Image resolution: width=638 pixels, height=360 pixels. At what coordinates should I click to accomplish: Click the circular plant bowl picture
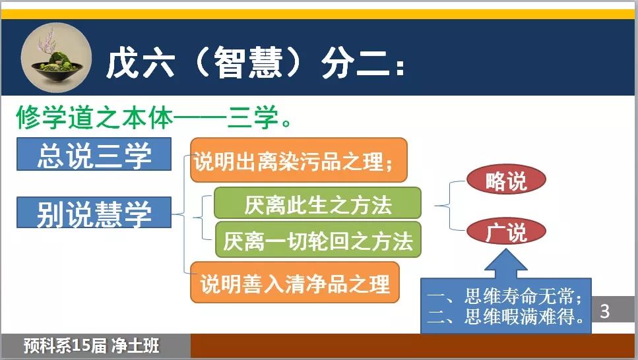click(x=56, y=58)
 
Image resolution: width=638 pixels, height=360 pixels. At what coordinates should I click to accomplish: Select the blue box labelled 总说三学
click(x=94, y=154)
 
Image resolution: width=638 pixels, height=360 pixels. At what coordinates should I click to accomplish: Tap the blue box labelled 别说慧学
click(x=94, y=212)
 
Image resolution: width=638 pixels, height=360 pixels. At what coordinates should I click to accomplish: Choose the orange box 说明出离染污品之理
click(x=299, y=160)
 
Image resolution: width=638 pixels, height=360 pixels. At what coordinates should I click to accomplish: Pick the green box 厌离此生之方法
click(x=317, y=203)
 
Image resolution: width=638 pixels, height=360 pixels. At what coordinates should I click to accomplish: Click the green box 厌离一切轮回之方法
click(x=318, y=239)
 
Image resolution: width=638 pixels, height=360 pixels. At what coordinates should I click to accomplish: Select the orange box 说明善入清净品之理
click(x=294, y=282)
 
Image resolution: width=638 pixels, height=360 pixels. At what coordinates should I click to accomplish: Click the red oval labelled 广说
click(x=506, y=231)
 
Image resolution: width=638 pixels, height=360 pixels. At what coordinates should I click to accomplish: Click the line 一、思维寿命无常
click(x=505, y=296)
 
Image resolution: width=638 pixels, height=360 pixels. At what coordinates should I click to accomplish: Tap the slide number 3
click(x=605, y=311)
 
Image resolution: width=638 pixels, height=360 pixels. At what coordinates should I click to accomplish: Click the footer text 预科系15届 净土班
click(x=91, y=345)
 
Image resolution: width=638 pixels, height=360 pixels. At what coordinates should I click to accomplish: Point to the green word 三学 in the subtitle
click(x=253, y=117)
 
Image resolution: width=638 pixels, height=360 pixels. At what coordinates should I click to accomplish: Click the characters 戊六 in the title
click(x=141, y=63)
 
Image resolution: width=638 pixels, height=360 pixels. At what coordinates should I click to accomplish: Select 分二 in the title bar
click(x=355, y=63)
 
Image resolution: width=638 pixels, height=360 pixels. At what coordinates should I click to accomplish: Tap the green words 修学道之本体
click(x=94, y=117)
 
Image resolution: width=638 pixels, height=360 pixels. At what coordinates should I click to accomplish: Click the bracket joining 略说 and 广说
click(x=449, y=206)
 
